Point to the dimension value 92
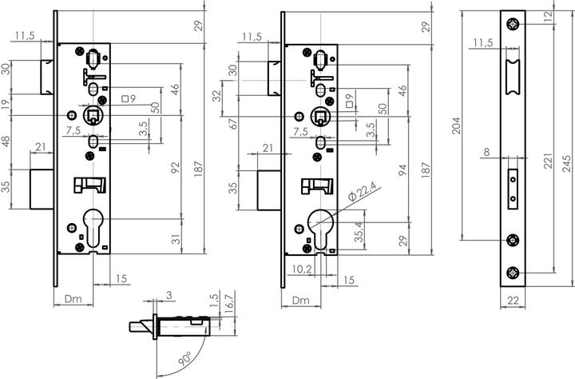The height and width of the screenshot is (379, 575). (x=176, y=168)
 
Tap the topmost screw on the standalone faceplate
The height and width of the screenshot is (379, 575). (x=513, y=22)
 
